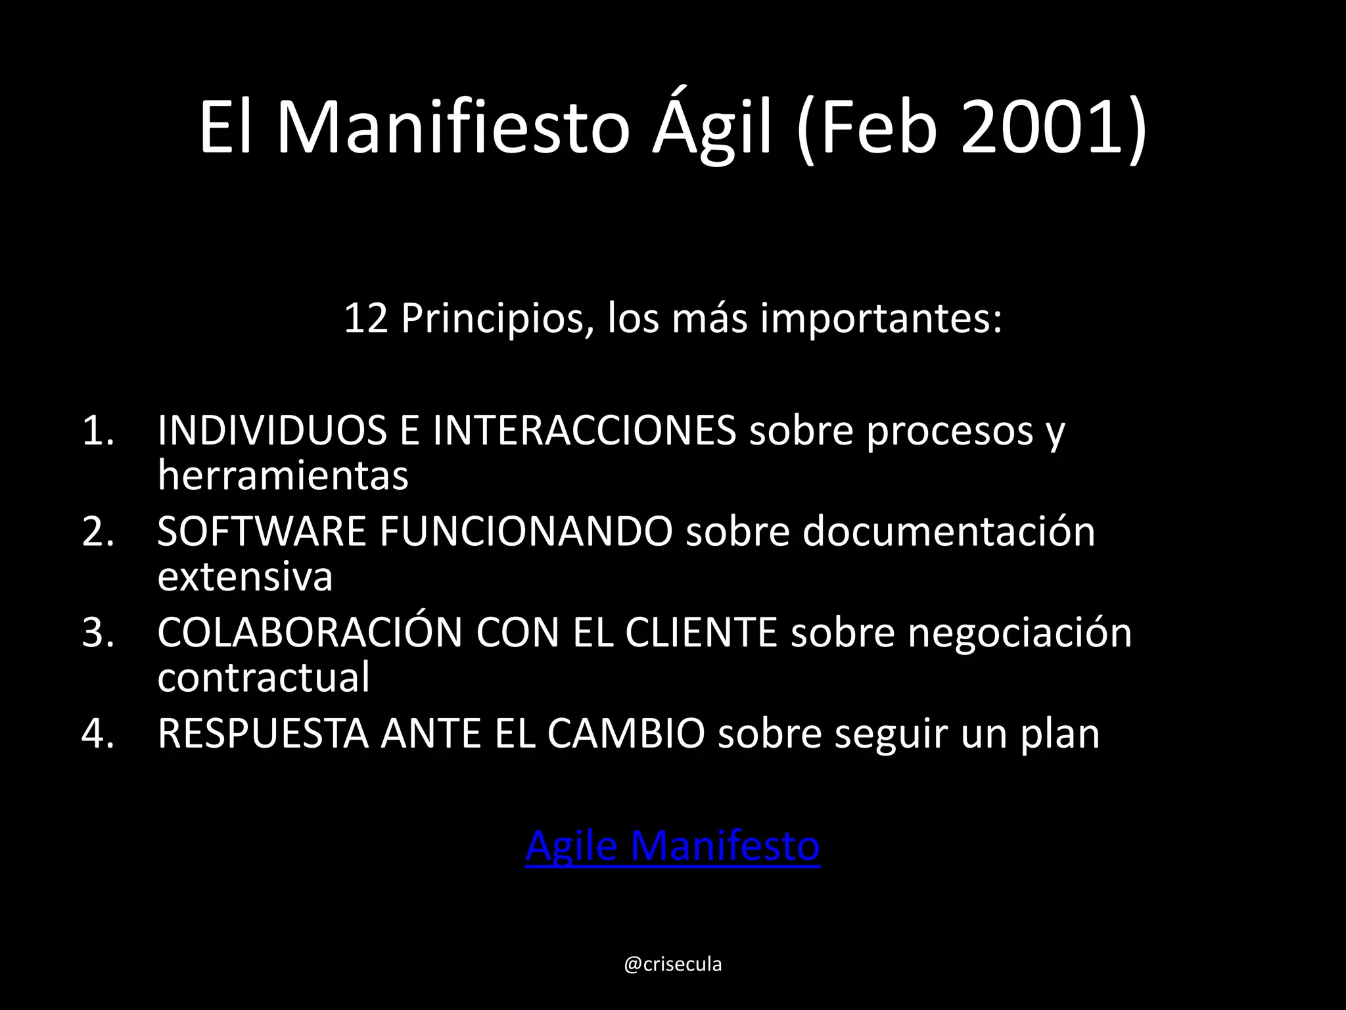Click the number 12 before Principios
tap(365, 319)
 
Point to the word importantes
tap(881, 319)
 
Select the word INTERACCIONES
tap(584, 431)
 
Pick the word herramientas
tap(283, 475)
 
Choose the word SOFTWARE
tap(262, 531)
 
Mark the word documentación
tap(948, 531)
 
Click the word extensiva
tap(245, 577)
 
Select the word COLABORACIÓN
tap(310, 633)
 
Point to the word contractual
tap(264, 677)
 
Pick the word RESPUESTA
tap(263, 734)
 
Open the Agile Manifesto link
tap(672, 846)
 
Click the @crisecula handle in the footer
tap(672, 965)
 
